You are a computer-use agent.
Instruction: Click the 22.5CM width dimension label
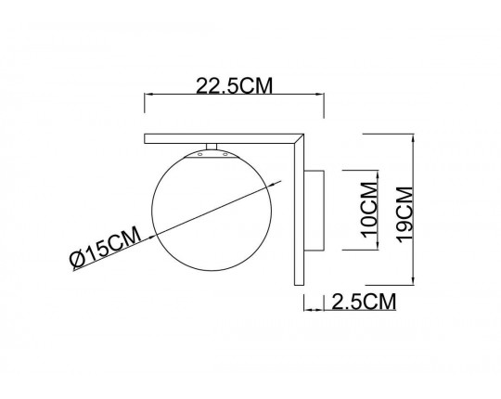coord(234,85)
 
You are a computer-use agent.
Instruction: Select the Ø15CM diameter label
coord(106,247)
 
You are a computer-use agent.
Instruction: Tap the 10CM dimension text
coord(368,210)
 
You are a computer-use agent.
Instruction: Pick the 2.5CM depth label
coord(364,302)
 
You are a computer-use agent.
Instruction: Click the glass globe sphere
coord(212,212)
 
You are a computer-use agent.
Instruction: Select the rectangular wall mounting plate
coord(315,211)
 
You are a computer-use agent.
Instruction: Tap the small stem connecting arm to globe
coord(212,147)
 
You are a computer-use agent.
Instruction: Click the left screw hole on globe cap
coord(200,155)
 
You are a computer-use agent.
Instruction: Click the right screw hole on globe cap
coord(225,155)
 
